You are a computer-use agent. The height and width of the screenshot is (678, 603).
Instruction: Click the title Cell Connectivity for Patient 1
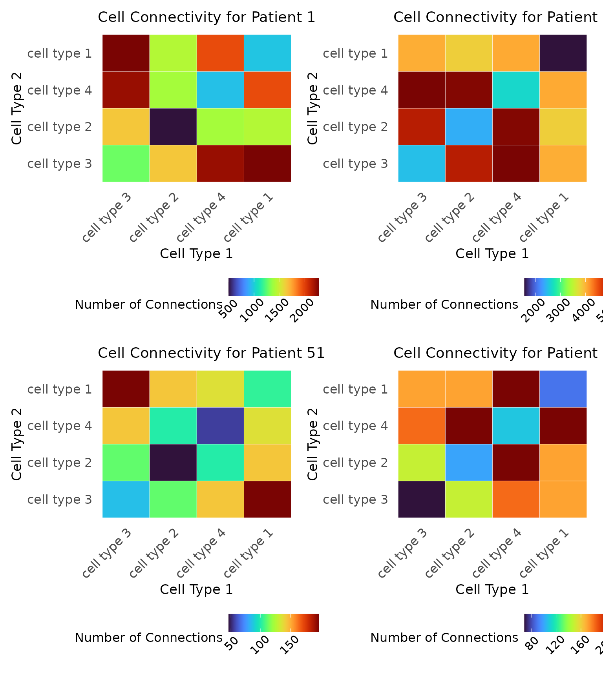pos(206,18)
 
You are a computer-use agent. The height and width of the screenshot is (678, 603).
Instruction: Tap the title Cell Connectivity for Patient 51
pos(211,353)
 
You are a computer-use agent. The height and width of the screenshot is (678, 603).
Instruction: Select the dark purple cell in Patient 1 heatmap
pos(173,127)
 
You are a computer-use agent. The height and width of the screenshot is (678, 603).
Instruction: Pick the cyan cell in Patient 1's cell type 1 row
pos(267,53)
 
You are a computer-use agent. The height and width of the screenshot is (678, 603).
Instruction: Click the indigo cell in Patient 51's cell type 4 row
pos(220,426)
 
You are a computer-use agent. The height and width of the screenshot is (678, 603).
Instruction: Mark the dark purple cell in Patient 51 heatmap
pos(173,463)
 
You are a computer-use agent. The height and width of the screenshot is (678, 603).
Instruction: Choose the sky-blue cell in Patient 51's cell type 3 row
pos(126,499)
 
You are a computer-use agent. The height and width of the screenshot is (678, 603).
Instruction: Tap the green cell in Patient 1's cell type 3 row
pos(126,164)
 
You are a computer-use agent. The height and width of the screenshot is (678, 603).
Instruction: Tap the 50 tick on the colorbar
pos(233,640)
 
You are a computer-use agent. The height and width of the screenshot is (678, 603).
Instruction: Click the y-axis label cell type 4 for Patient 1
pos(60,90)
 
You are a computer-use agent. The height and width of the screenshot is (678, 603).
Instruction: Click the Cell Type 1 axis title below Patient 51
pos(196,589)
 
